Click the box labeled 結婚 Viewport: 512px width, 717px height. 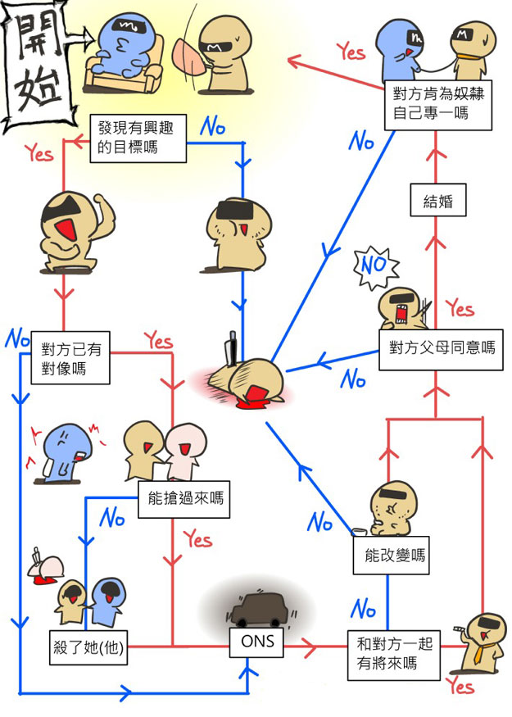click(438, 201)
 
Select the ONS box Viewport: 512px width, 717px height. click(257, 645)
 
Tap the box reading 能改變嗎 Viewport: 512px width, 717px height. click(394, 555)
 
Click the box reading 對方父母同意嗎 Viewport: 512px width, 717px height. click(442, 347)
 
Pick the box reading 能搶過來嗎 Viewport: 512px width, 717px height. click(183, 497)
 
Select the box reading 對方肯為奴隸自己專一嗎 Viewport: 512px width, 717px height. click(438, 103)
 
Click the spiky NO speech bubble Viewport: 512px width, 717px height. click(373, 266)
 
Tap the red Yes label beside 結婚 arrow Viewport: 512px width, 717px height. click(460, 308)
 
